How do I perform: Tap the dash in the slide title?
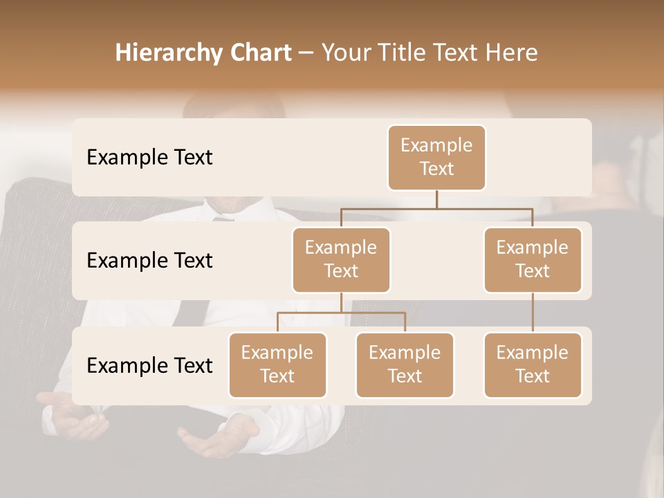(306, 54)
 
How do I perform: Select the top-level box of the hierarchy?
(436, 157)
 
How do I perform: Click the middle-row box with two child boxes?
(341, 259)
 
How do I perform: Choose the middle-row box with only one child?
(533, 259)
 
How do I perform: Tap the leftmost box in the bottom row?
(277, 365)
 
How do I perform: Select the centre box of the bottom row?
(405, 365)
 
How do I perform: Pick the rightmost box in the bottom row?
(533, 365)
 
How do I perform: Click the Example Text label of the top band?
(149, 158)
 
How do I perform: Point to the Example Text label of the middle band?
(149, 261)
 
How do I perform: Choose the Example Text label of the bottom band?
(149, 365)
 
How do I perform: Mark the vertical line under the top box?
(436, 199)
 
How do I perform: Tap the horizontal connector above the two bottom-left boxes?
(341, 313)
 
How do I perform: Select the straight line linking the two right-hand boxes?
(533, 313)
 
